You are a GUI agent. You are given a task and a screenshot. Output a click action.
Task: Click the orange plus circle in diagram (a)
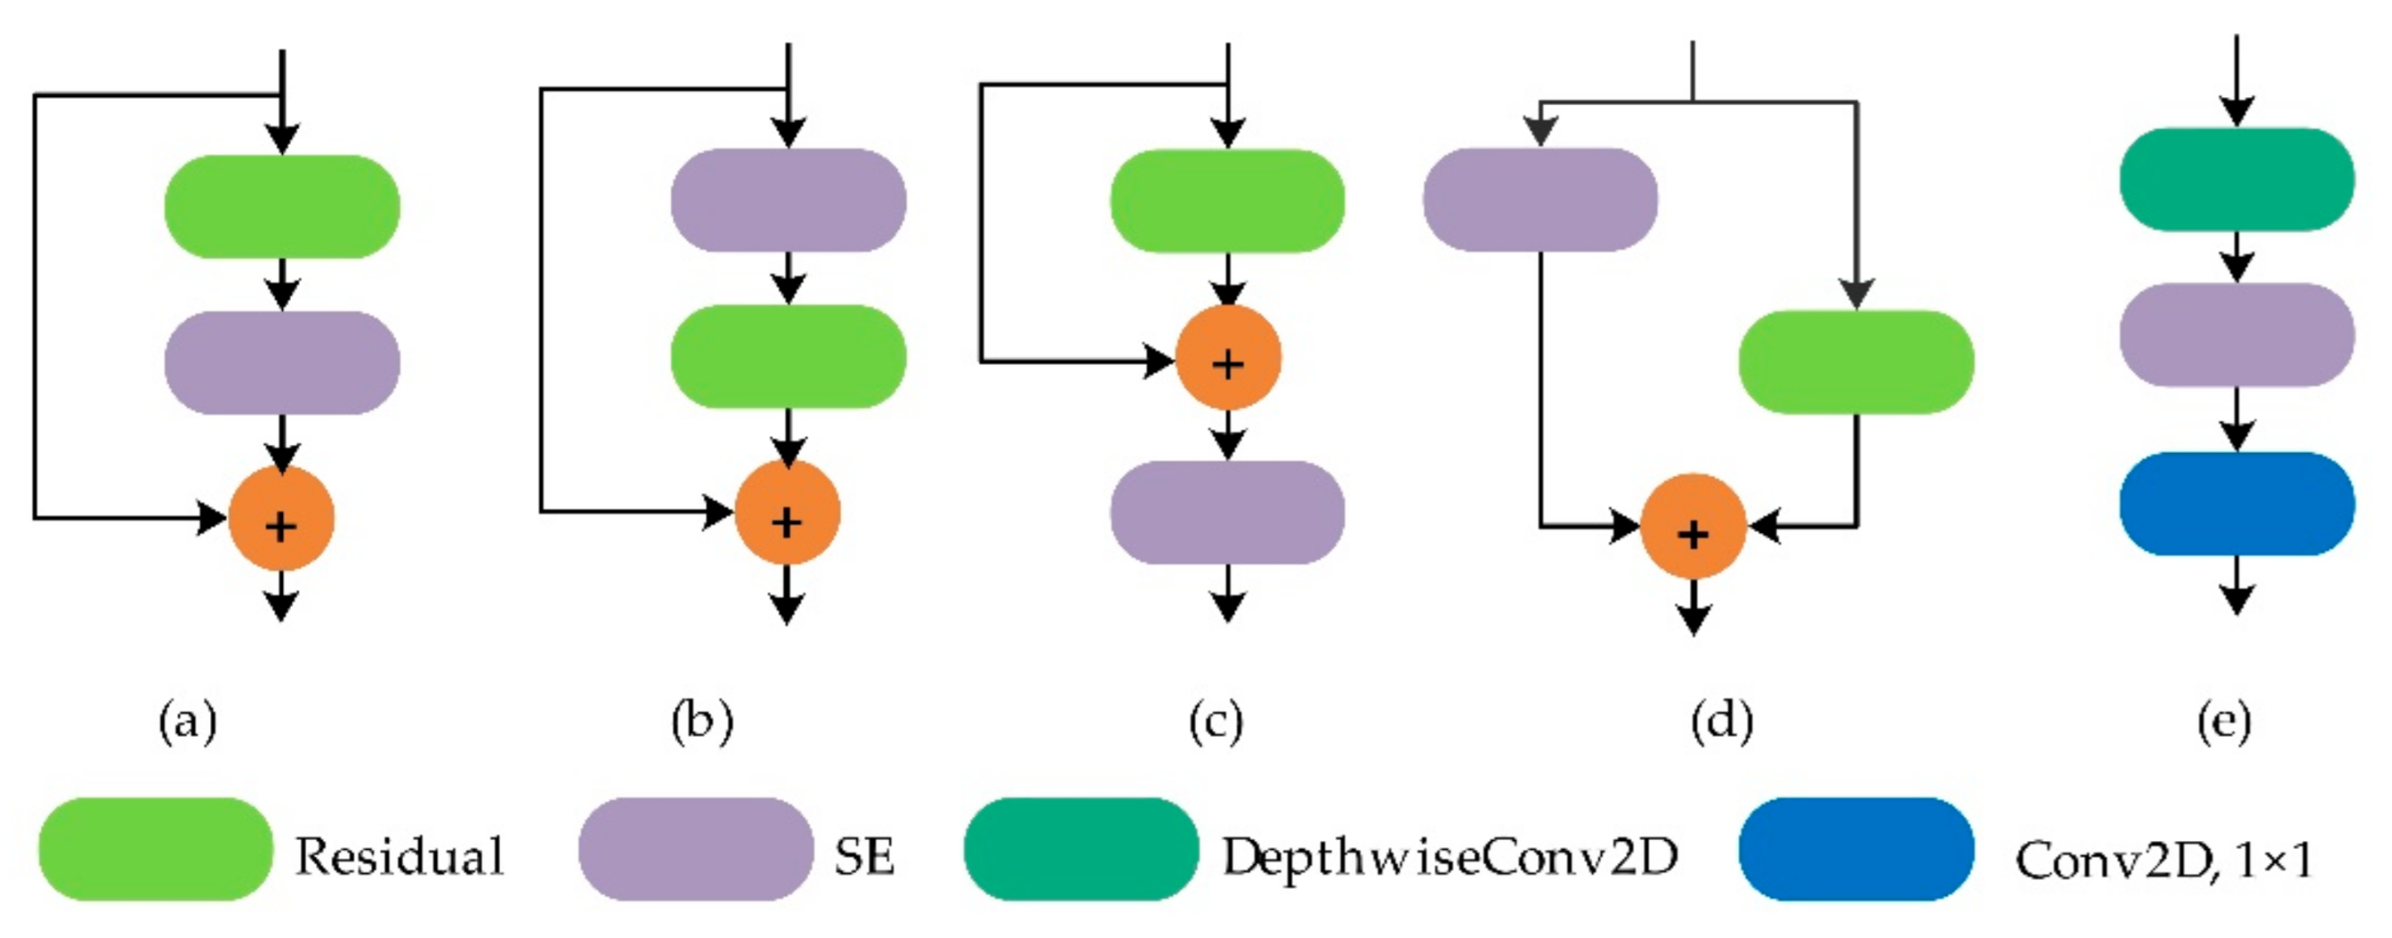280,519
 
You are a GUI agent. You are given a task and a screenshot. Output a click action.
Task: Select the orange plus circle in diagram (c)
1227,358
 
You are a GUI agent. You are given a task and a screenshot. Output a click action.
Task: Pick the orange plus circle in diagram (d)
1693,527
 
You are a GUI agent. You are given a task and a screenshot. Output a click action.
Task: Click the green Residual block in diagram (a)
281,206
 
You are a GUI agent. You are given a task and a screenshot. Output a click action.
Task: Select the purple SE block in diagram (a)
281,362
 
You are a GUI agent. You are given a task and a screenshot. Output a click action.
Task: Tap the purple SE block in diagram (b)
787,199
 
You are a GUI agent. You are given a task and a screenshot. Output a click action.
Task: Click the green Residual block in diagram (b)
787,357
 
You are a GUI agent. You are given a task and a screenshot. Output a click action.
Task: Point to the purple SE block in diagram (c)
1227,513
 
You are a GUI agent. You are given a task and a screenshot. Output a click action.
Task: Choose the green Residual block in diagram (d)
1855,362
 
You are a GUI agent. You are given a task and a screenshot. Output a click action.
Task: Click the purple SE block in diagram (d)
1540,199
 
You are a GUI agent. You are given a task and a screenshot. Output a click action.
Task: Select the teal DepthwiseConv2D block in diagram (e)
2236,179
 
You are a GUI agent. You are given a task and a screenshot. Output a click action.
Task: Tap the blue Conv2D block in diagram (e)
2236,503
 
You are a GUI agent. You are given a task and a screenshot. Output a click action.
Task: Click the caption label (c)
1216,721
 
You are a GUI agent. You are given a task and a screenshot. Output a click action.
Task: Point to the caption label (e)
2224,721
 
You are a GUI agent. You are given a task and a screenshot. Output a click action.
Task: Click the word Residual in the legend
400,856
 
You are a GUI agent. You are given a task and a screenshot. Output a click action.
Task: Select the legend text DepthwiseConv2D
1448,856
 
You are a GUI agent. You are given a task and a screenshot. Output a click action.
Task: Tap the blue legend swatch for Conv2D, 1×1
1855,849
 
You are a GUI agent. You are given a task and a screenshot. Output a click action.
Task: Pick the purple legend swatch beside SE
696,849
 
